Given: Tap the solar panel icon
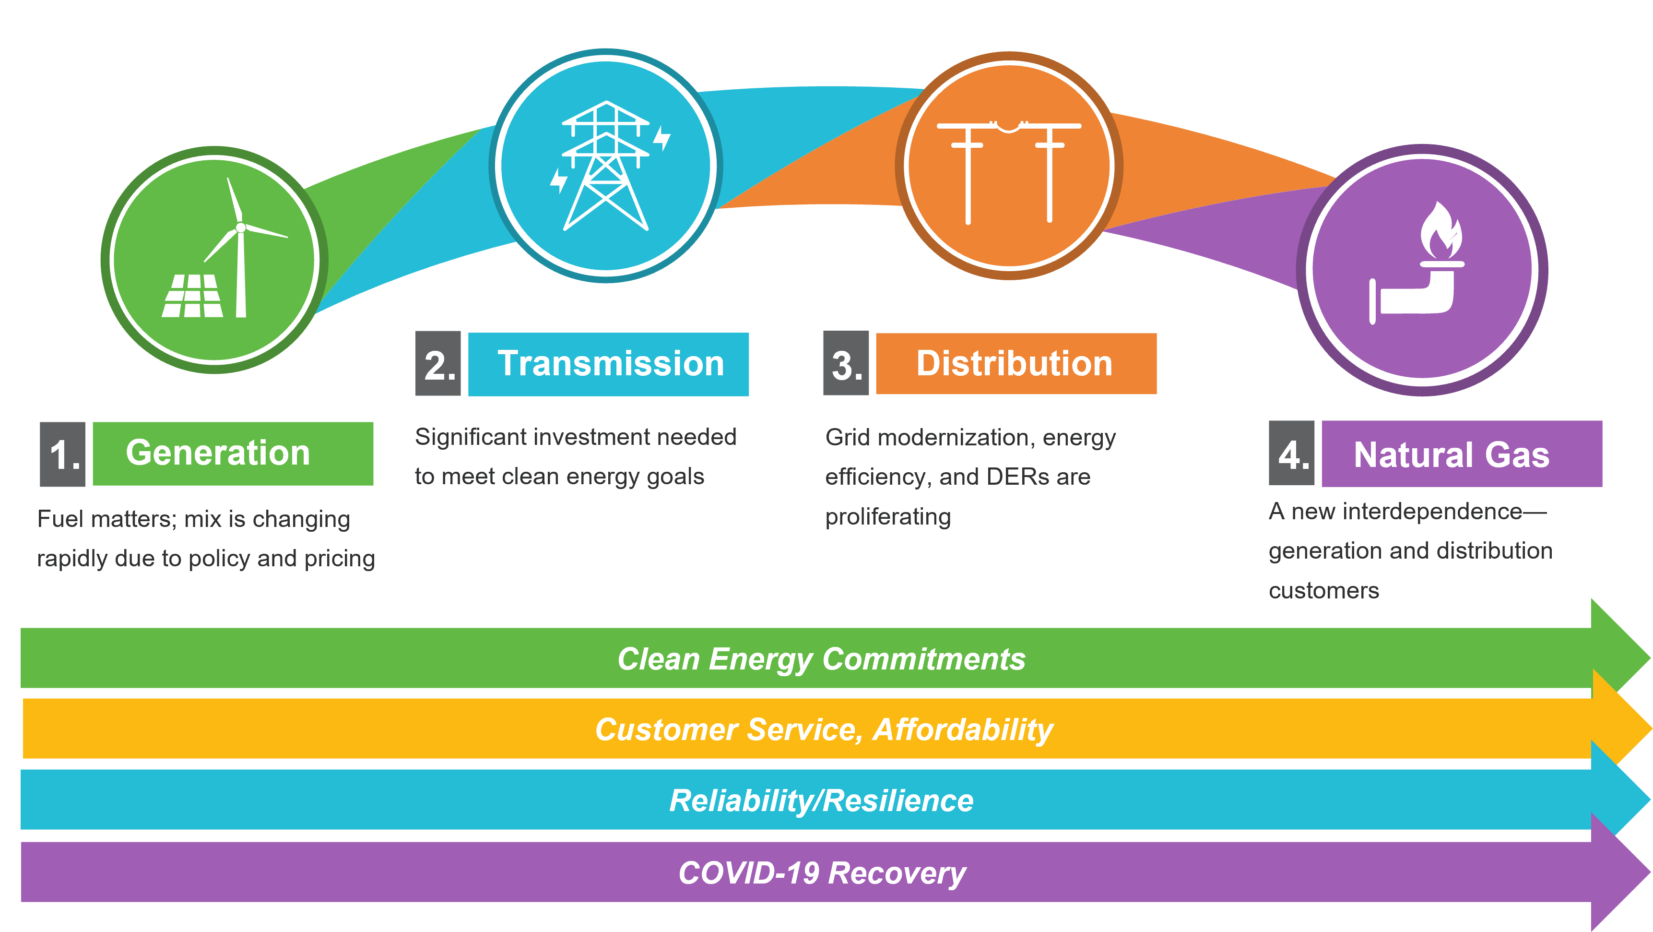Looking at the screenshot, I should [192, 296].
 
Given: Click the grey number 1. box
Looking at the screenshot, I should [62, 454].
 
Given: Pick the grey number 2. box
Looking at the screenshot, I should [438, 364].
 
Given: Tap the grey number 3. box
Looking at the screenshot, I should [846, 364].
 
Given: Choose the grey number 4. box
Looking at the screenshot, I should [1291, 454].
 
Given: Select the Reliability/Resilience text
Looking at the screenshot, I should [821, 801].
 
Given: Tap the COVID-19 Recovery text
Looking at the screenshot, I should [822, 873].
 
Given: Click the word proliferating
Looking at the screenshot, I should [888, 517].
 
